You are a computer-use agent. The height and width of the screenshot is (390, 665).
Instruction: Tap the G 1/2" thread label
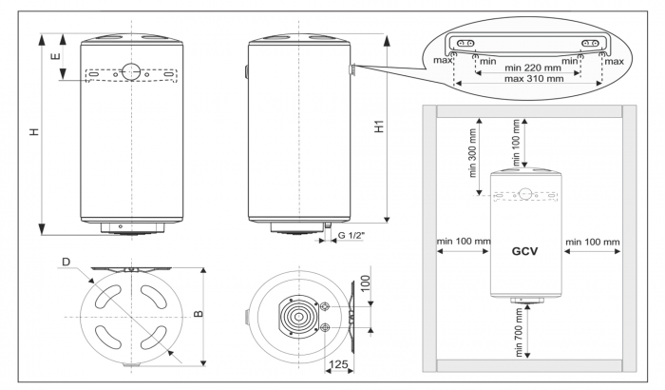point(354,235)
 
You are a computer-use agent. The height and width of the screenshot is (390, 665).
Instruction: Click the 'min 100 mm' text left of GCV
point(462,242)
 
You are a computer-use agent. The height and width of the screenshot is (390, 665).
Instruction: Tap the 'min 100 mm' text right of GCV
point(592,242)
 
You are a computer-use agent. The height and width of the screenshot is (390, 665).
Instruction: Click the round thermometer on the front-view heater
point(130,73)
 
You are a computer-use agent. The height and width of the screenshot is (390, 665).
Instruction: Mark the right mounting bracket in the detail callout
point(592,44)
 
